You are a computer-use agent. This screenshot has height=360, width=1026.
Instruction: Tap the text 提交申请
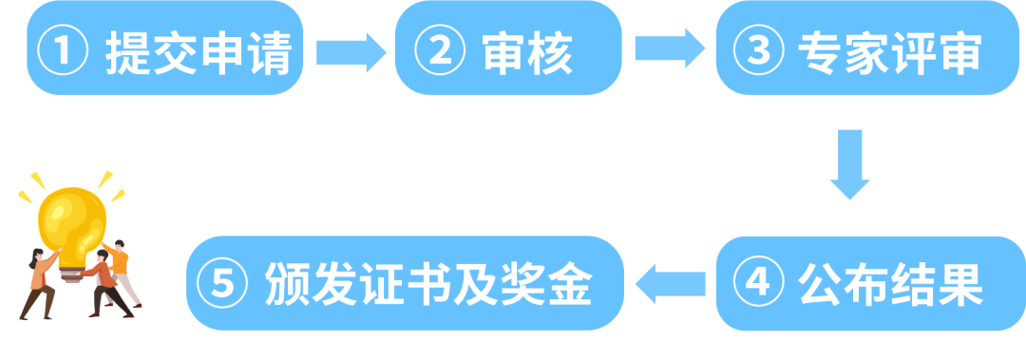pos(197,52)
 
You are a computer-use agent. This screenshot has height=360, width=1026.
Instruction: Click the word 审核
pos(526,52)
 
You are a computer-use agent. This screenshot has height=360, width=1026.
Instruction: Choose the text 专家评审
pos(888,52)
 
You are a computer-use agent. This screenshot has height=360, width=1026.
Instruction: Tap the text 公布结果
pos(888,283)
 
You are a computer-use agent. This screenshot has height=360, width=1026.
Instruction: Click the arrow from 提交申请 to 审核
pos(349,51)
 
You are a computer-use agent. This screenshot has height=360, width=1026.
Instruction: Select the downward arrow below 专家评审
pos(849,165)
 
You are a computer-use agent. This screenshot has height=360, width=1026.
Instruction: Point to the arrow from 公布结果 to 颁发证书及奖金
pos(670,283)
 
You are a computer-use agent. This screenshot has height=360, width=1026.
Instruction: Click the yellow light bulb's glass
pos(70,218)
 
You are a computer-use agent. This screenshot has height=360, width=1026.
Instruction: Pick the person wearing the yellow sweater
pos(120,271)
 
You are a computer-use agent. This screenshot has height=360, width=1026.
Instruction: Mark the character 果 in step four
pos(959,283)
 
